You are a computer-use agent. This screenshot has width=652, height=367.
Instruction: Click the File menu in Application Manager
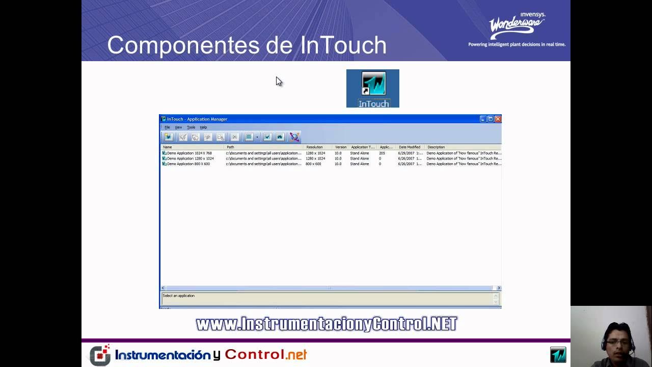(167, 127)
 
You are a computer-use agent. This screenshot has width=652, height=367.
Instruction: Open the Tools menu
(191, 127)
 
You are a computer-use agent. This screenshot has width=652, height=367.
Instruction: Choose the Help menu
(203, 127)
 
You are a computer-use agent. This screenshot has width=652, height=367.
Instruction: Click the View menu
(178, 127)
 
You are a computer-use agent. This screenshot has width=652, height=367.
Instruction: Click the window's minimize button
(483, 119)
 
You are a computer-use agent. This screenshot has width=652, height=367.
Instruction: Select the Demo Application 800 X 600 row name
(188, 164)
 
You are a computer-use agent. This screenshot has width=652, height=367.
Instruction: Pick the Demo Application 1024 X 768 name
(189, 153)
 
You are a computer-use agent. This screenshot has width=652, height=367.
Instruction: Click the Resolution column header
(314, 147)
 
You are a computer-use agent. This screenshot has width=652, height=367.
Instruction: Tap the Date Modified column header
(410, 147)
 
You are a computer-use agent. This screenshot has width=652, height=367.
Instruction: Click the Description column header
(436, 147)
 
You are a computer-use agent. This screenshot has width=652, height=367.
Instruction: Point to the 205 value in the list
(382, 153)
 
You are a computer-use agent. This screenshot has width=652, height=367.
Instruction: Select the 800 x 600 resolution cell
(313, 164)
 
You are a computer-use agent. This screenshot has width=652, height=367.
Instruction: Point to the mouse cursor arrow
(279, 81)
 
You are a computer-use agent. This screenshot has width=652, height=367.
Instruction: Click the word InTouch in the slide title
(343, 45)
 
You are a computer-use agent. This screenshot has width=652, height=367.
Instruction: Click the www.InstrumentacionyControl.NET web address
(327, 324)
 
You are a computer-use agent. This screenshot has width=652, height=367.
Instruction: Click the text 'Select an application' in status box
(178, 296)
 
